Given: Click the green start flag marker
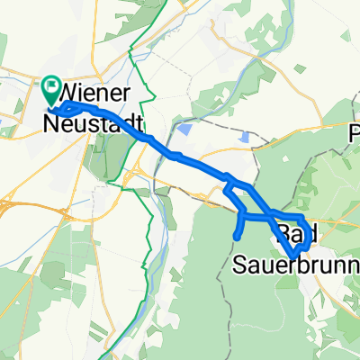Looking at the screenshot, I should coord(49,89).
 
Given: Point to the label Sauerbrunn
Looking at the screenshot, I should coord(296,265).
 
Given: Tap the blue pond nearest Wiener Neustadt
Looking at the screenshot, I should coord(185,130).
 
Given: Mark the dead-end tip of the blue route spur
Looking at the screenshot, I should coord(236,238).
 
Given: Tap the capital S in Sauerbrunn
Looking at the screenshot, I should coord(241,265).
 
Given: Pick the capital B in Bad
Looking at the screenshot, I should coord(284,236).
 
